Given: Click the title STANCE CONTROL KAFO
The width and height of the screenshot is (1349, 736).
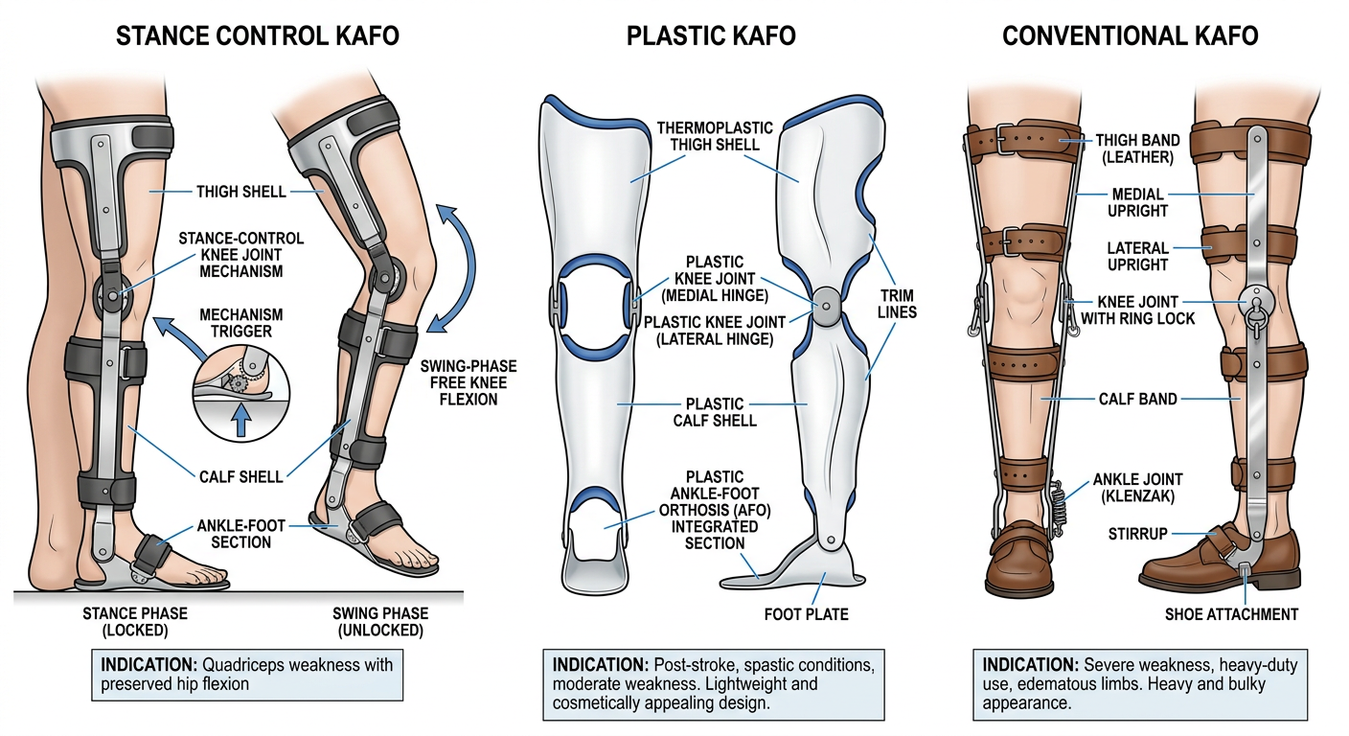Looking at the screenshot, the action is coord(257,36).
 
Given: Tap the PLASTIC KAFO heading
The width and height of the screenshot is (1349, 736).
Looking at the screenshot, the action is coord(711,36).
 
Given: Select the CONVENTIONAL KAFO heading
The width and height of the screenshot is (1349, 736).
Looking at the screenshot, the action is coord(1130,36).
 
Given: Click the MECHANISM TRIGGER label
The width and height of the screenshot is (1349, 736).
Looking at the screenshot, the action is coord(240,323).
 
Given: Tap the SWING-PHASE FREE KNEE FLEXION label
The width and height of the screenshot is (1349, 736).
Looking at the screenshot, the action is coord(468,382).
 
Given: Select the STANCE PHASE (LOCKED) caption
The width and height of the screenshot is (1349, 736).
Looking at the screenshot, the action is coord(135,622).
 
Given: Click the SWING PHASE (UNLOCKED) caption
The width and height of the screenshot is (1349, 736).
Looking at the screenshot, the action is coord(380,622).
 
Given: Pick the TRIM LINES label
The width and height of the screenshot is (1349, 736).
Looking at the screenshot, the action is coord(898,304).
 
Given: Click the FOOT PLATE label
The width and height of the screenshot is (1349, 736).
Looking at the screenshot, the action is coord(807,614).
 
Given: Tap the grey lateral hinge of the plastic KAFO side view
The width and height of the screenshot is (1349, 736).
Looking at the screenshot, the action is coord(826,306).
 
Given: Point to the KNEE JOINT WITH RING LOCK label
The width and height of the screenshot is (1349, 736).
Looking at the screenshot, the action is coord(1137,310).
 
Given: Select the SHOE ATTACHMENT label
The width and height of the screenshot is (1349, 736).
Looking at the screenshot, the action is coord(1231,614).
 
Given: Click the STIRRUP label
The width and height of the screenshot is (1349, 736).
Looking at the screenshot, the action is coord(1137,534).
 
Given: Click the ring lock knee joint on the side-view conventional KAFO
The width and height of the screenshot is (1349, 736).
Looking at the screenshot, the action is coord(1257,305).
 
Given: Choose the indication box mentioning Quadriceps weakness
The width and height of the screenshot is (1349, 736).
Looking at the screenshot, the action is coord(247,675).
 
